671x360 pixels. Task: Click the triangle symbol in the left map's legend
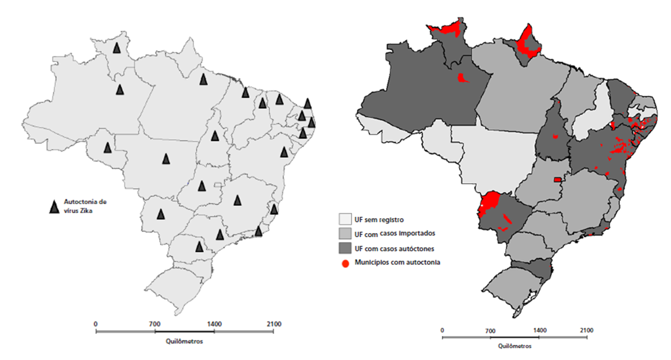(x=53, y=207)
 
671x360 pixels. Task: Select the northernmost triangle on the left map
(x=117, y=48)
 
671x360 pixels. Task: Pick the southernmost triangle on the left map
(x=199, y=246)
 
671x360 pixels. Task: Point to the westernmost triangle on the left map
(x=108, y=147)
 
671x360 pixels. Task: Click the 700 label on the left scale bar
(x=154, y=324)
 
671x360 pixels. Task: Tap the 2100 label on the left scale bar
(x=273, y=324)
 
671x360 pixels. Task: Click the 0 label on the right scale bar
(x=442, y=330)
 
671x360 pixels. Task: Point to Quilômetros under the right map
(x=515, y=346)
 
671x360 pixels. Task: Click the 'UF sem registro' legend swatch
(x=345, y=219)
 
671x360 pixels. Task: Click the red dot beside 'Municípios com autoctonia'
(x=345, y=262)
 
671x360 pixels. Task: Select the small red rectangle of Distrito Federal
(x=558, y=180)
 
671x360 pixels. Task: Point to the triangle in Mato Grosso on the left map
(x=166, y=158)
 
